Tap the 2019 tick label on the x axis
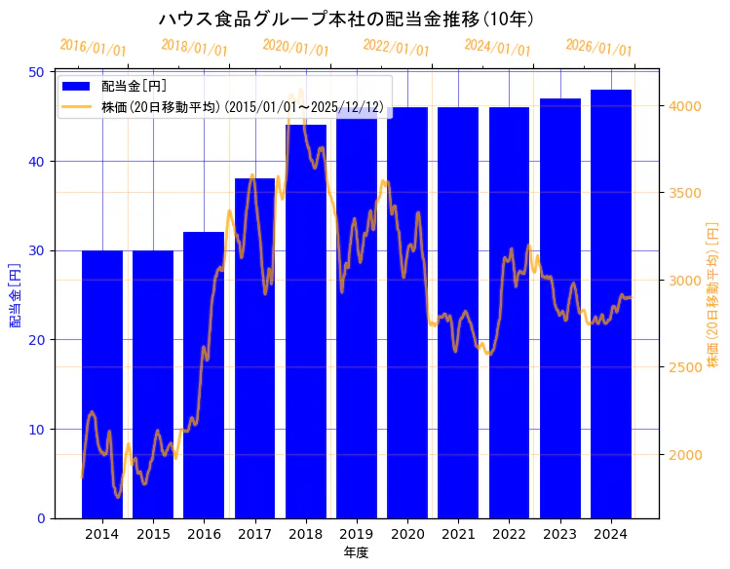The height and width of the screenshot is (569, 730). pos(356,534)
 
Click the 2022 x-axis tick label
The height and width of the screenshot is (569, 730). pos(509,534)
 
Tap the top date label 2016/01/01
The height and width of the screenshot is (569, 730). pos(93,48)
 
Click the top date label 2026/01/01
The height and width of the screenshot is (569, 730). pos(598,48)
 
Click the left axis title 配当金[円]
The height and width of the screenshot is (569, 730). pos(15,294)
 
